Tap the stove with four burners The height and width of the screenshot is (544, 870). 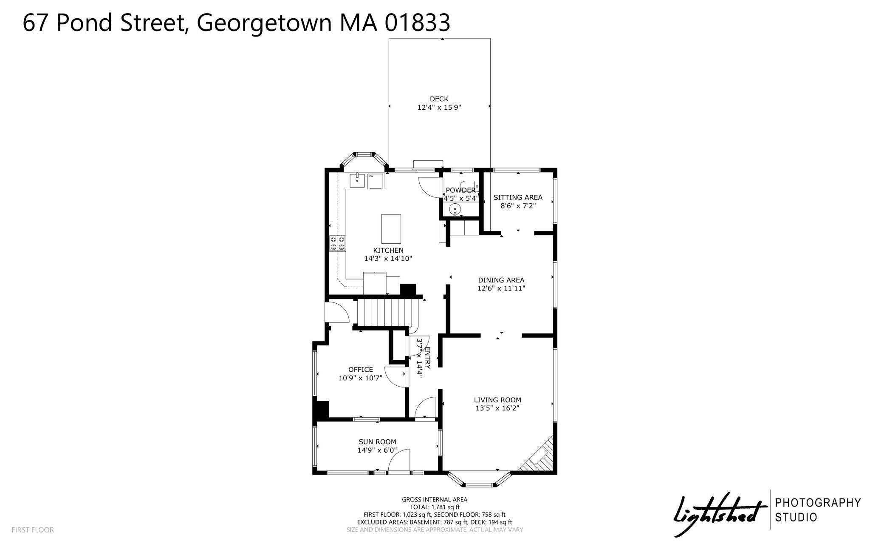[337, 243]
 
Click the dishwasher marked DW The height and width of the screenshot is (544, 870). [376, 181]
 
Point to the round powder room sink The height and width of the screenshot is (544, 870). [455, 209]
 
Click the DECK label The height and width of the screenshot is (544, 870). [439, 99]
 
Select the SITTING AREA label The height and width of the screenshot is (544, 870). [518, 197]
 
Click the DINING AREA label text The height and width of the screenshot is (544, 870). [501, 280]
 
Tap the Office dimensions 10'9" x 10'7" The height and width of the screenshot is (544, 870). [361, 378]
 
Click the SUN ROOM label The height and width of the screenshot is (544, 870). [377, 442]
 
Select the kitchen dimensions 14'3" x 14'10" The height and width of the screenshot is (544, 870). [388, 258]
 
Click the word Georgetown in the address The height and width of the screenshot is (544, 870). [264, 23]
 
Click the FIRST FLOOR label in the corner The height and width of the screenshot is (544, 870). [33, 530]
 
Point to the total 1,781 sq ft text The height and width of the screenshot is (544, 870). [435, 507]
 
